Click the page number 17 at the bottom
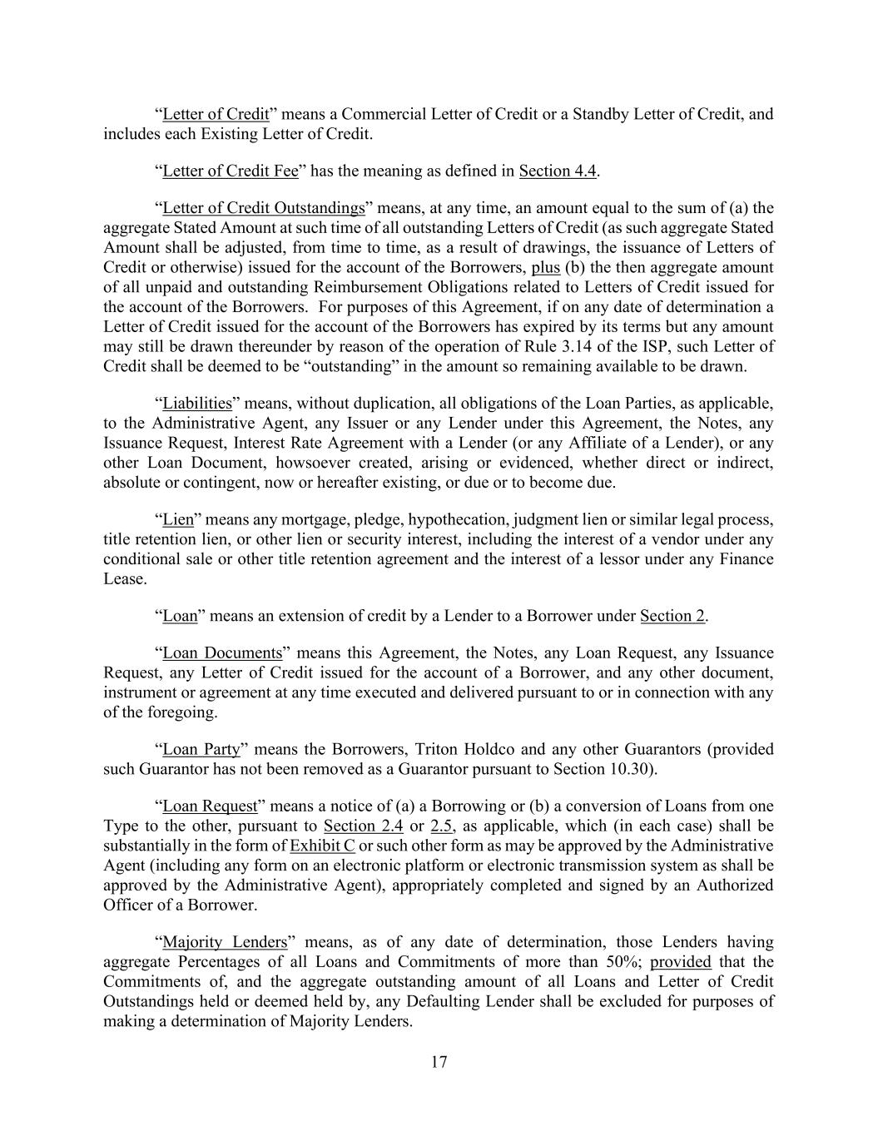click(x=439, y=1062)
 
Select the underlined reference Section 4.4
click(x=558, y=171)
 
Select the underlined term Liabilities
click(x=197, y=404)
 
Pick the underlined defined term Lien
click(x=178, y=520)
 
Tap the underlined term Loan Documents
click(x=222, y=653)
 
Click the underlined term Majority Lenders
click(x=225, y=943)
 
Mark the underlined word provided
click(x=681, y=963)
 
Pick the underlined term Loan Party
click(x=201, y=749)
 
